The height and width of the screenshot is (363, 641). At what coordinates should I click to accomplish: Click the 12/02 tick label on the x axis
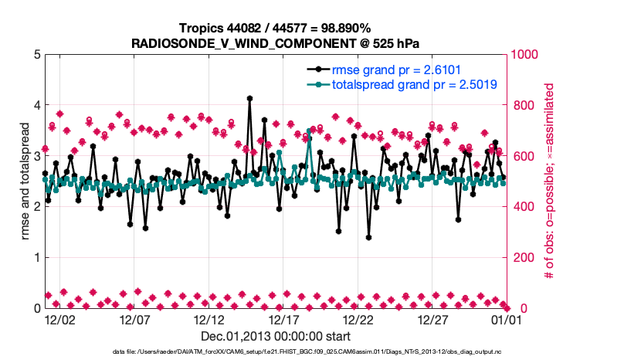tap(59, 319)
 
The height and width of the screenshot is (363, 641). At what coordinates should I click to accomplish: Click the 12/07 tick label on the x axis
tap(134, 319)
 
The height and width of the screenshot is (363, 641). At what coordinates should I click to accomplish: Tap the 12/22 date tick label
tap(358, 319)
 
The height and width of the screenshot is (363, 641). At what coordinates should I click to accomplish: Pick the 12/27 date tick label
tap(433, 319)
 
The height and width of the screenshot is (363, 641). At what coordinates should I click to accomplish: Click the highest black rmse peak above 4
tap(249, 99)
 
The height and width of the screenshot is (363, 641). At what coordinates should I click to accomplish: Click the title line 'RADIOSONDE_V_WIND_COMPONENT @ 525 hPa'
tap(276, 43)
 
